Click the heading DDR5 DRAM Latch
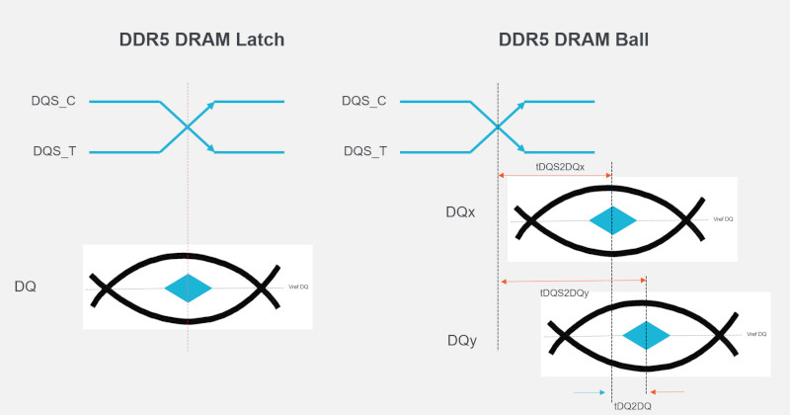(188, 41)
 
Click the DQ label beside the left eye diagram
(26, 287)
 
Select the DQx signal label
(461, 212)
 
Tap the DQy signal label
(462, 341)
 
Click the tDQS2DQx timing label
(559, 166)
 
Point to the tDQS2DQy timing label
(565, 293)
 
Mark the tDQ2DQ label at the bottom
(633, 405)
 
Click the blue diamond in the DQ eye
(189, 289)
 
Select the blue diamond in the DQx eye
(612, 219)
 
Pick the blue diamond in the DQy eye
(646, 335)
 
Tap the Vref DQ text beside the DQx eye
(723, 219)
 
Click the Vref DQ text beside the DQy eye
(756, 335)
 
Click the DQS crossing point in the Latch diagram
(188, 126)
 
